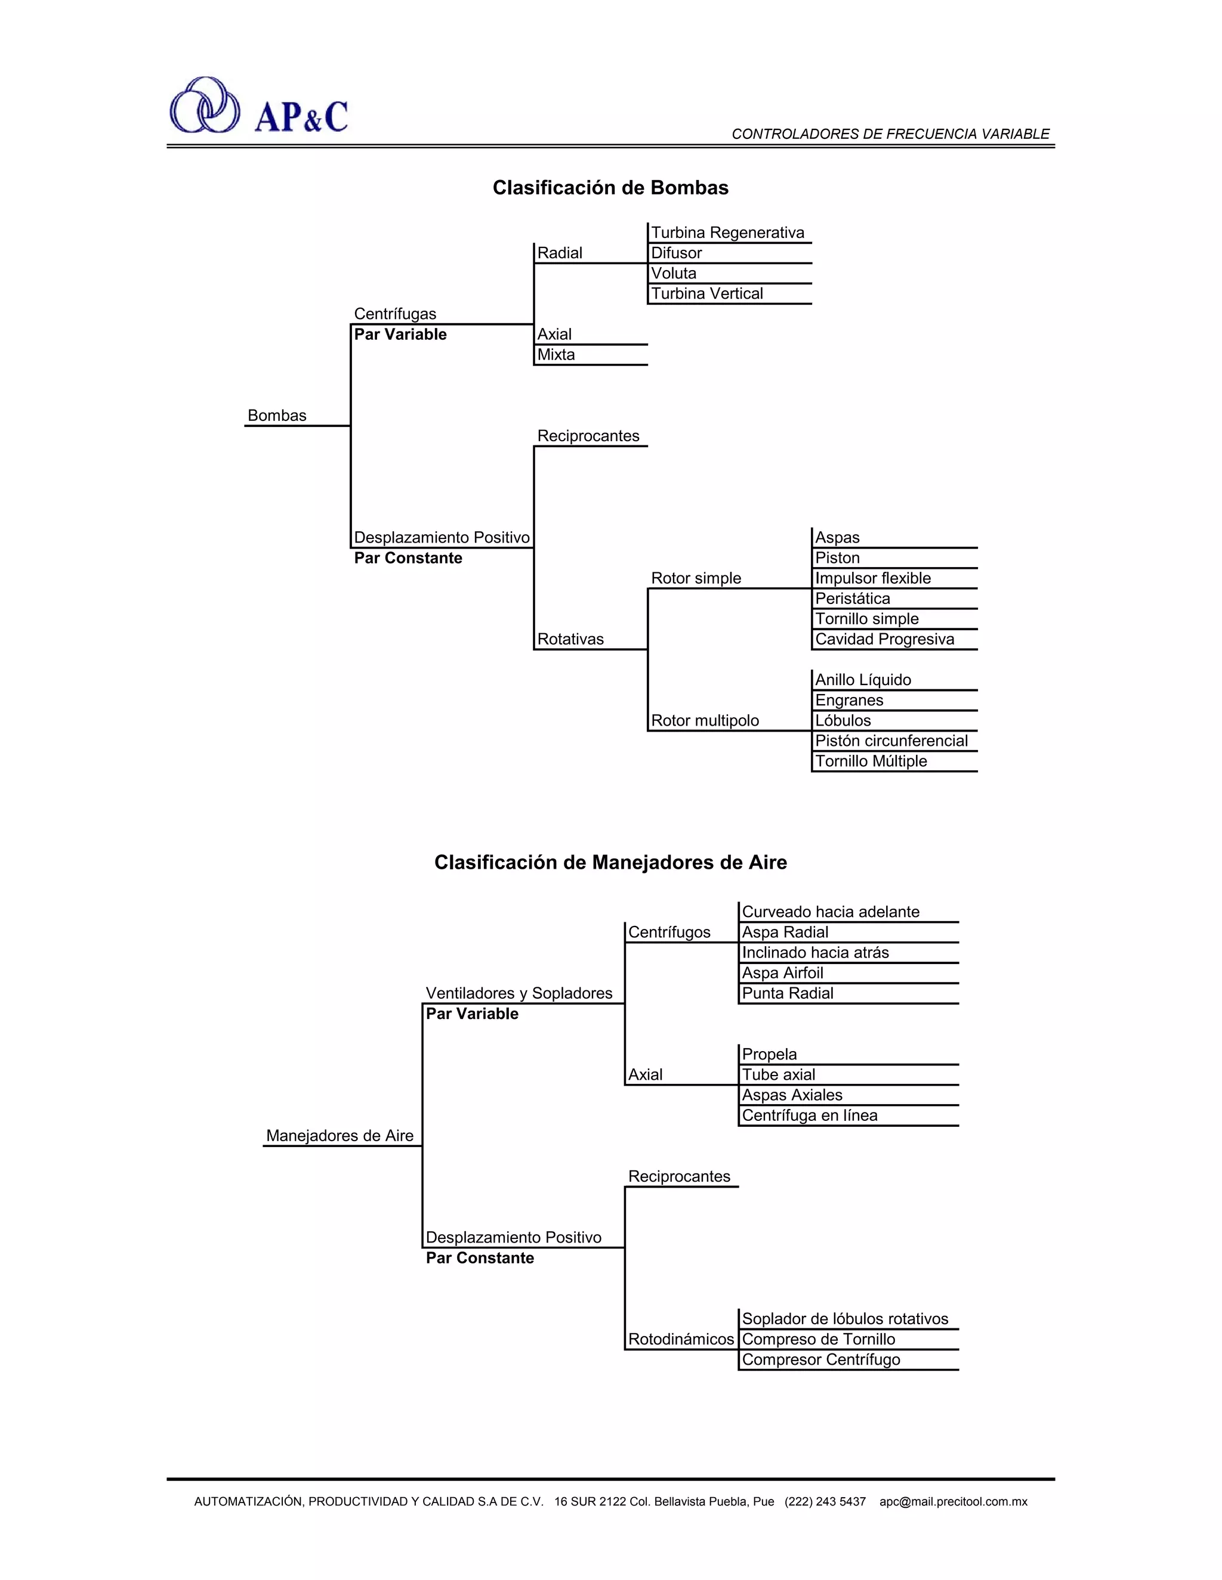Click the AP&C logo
point(258,106)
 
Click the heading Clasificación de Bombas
point(610,188)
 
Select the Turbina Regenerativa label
point(727,233)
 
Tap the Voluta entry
point(673,274)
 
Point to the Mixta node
point(556,355)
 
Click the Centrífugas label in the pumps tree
point(395,314)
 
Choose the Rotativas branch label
point(570,640)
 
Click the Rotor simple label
point(696,579)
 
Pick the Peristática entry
point(852,599)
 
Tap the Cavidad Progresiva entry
point(884,640)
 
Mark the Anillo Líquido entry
point(863,680)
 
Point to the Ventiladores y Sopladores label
point(519,993)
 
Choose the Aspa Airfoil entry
point(783,973)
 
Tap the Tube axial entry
point(778,1075)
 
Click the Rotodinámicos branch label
point(680,1339)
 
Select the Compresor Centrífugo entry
point(821,1359)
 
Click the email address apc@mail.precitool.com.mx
point(953,1501)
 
